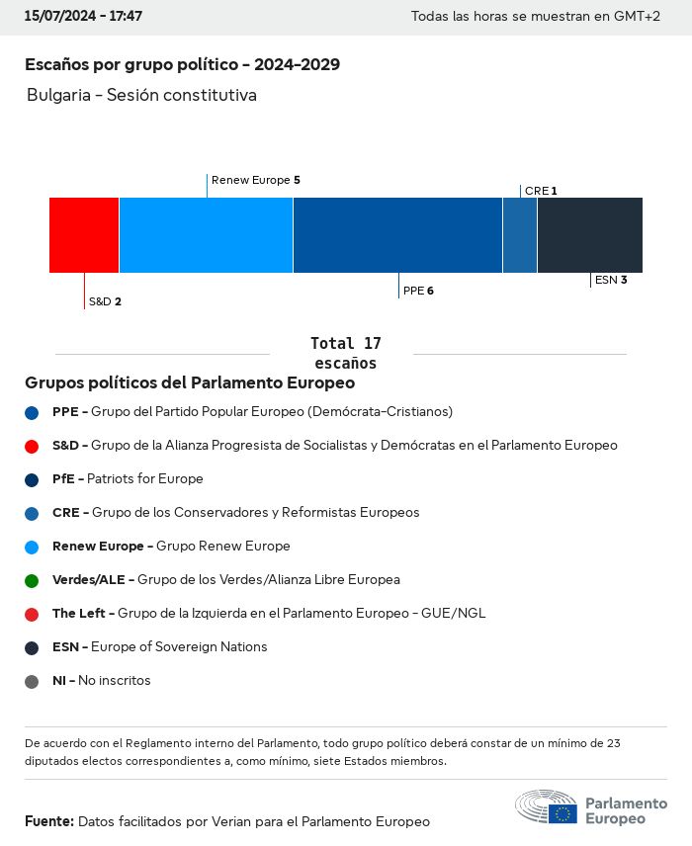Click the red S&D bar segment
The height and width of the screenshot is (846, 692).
84,235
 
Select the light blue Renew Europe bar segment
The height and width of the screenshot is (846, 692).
206,235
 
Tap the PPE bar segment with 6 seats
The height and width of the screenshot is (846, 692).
397,235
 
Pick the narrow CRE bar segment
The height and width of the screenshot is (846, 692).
520,235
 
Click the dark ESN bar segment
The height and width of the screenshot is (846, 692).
589,235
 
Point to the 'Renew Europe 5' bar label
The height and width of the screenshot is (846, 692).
255,181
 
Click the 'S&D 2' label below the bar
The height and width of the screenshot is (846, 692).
105,301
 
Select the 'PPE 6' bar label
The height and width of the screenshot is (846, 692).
418,292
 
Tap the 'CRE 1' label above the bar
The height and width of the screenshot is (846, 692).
541,191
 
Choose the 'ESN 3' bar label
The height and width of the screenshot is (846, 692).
611,280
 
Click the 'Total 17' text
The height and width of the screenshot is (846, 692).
345,344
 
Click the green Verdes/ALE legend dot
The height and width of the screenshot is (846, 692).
33,580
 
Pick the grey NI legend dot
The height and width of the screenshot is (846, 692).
33,681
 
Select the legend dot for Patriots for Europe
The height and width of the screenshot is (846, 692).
33,479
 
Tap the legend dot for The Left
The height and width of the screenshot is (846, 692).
33,614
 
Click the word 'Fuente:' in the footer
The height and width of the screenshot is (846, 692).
49,821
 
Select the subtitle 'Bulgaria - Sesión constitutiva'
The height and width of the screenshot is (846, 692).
141,96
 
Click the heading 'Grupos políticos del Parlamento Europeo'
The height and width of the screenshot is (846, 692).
190,382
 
